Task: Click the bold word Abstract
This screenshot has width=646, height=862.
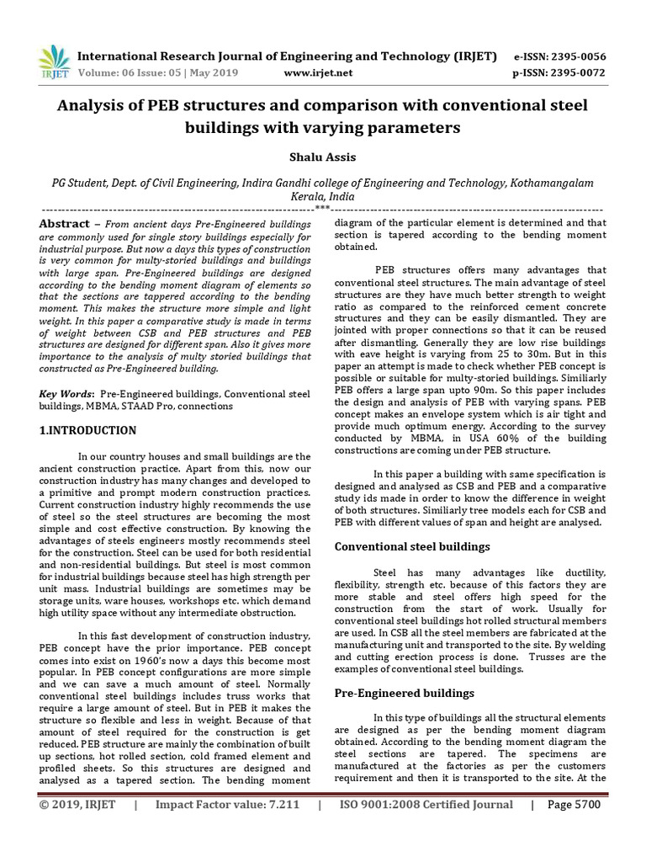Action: tap(65, 224)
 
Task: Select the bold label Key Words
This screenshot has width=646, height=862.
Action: tap(66, 394)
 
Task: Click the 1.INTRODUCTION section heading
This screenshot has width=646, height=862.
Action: tap(88, 430)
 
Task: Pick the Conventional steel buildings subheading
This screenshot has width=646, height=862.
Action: tap(412, 546)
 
